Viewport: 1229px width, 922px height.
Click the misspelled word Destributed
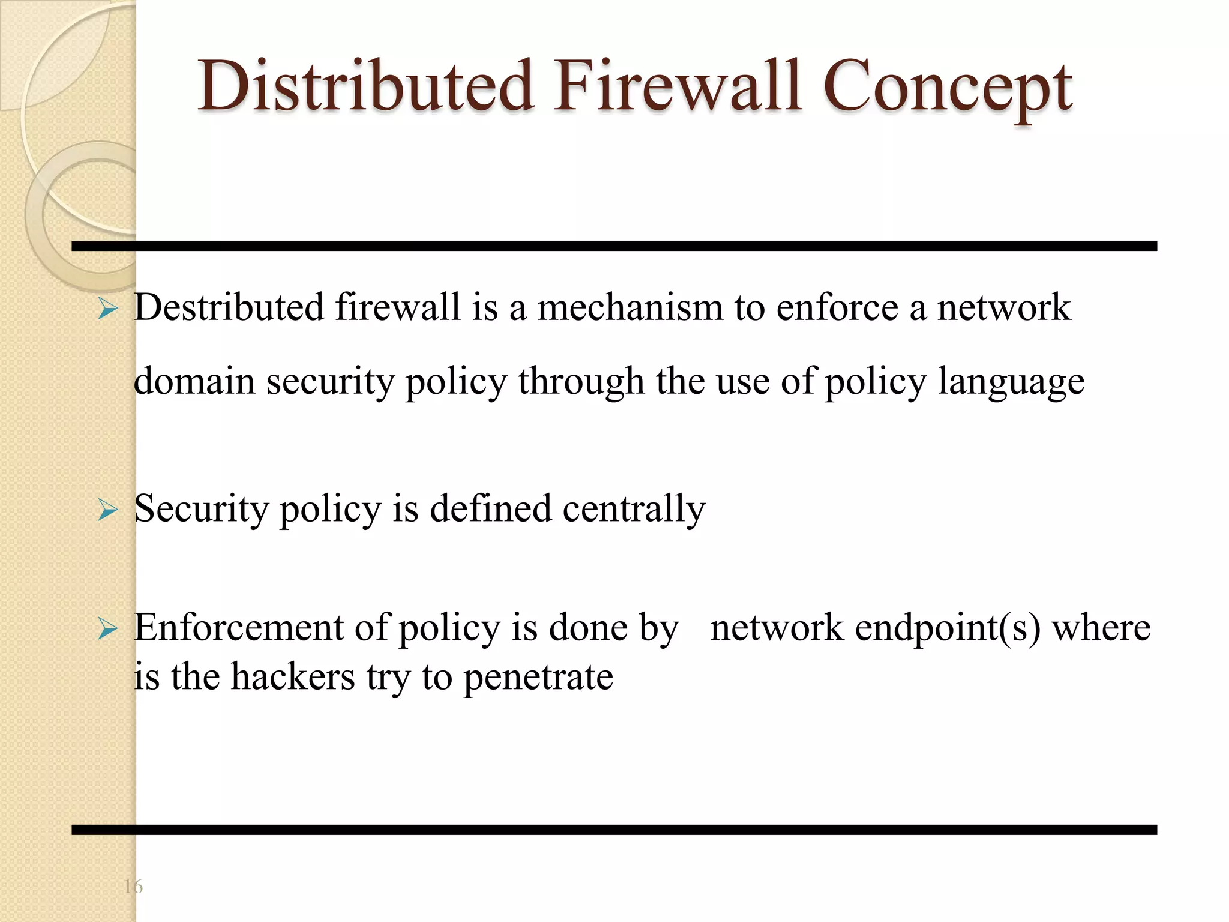pyautogui.click(x=229, y=307)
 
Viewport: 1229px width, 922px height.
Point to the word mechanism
pyautogui.click(x=630, y=307)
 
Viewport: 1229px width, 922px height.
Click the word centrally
pyautogui.click(x=634, y=509)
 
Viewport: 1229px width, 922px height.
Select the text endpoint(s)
pyautogui.click(x=948, y=629)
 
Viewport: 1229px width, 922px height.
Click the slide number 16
pyautogui.click(x=133, y=886)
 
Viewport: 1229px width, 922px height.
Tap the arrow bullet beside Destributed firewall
pyautogui.click(x=108, y=309)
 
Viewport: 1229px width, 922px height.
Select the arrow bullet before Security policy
pyautogui.click(x=108, y=510)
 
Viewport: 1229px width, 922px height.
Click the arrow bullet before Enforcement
pyautogui.click(x=108, y=629)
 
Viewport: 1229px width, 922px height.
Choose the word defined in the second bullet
pyautogui.click(x=490, y=509)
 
